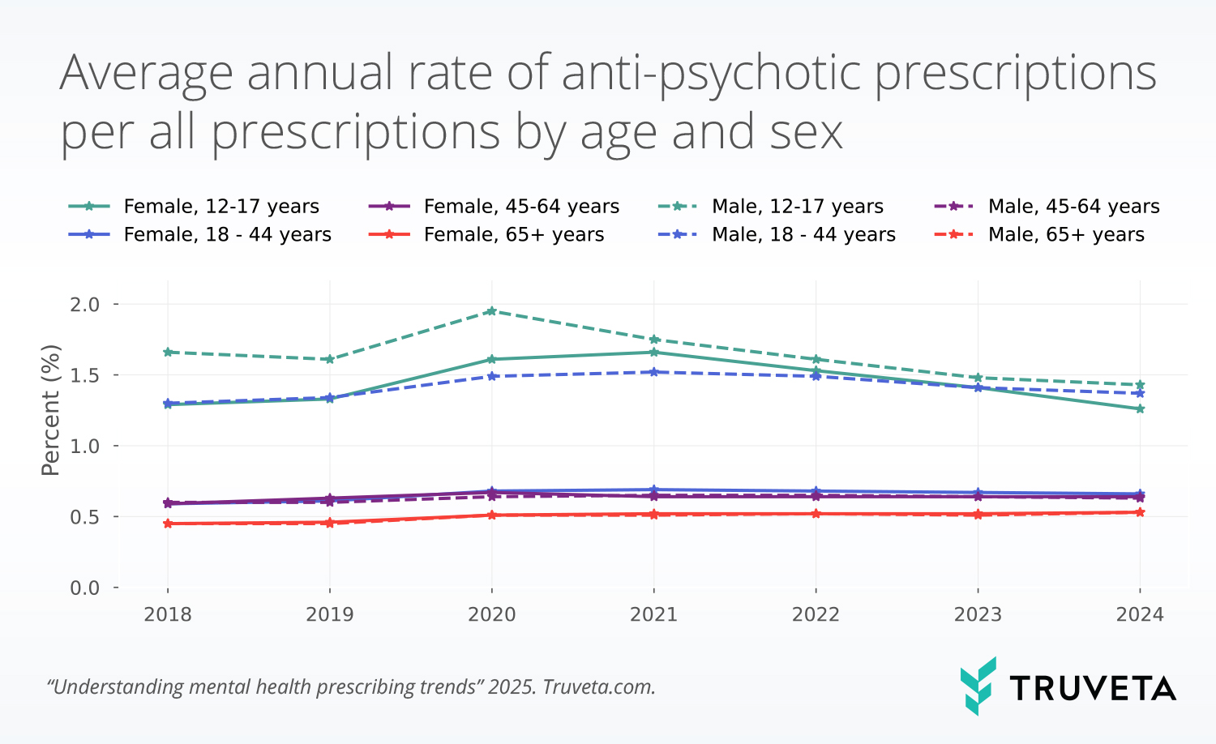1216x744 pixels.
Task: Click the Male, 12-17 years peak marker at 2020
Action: (x=491, y=311)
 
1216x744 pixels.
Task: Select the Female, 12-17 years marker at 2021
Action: (x=653, y=353)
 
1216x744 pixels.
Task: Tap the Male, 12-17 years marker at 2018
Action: (x=168, y=353)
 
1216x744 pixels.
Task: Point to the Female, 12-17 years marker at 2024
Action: (x=1140, y=409)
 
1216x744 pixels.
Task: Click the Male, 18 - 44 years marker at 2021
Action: (x=653, y=372)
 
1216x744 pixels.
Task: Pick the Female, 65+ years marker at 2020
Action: (x=491, y=515)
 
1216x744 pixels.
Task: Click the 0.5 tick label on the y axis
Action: (x=84, y=517)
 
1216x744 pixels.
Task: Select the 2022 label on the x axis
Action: (x=816, y=615)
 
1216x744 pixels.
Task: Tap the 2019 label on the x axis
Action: (x=329, y=615)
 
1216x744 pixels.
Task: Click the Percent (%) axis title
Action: (x=51, y=410)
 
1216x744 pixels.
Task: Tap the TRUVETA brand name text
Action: (x=1092, y=689)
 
